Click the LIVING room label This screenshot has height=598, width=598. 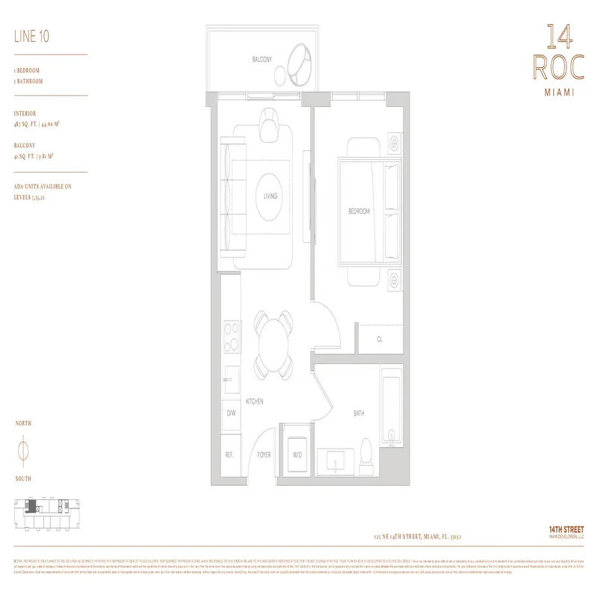pos(270,197)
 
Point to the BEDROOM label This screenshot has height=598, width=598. pos(359,212)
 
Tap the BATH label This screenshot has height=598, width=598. pos(358,413)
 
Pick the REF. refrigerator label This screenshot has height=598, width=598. pos(229,454)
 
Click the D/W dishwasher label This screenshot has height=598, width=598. pos(230,413)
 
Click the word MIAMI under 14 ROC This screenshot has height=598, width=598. pos(555,94)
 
